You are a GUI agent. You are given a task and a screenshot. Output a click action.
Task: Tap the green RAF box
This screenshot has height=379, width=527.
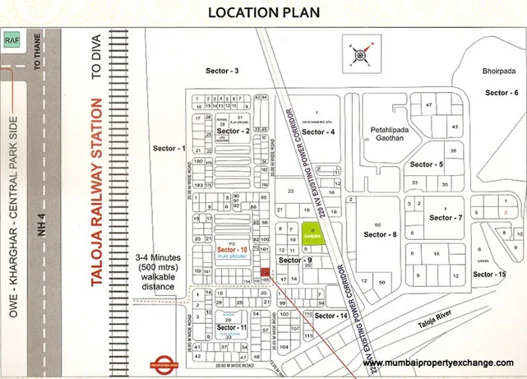click(x=11, y=39)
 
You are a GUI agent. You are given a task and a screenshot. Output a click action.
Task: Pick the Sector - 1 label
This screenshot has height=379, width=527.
click(x=169, y=149)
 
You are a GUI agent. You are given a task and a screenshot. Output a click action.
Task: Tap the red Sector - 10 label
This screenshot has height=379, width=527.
click(x=233, y=249)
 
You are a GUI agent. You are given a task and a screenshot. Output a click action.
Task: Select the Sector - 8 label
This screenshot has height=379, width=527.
click(x=381, y=234)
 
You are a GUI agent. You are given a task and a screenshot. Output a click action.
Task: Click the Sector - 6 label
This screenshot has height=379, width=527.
click(x=502, y=93)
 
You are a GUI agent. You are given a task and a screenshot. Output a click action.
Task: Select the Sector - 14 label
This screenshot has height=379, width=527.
click(x=331, y=316)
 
